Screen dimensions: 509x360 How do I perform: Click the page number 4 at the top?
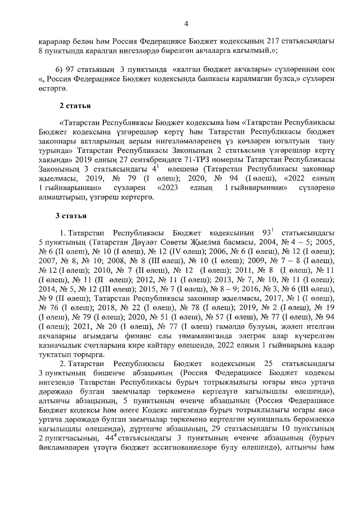click(x=186, y=23)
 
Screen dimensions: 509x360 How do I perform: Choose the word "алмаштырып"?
click(x=60, y=197)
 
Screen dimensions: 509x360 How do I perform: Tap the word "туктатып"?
click(x=56, y=361)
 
